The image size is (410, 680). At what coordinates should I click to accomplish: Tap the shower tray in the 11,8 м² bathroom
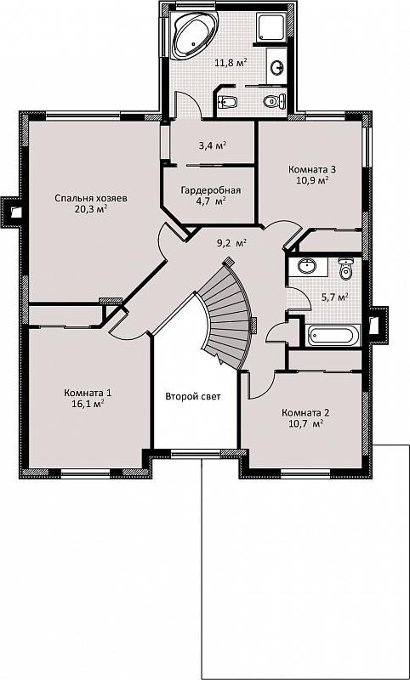click(x=271, y=27)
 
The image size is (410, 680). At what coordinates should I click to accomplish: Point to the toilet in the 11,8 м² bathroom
click(x=275, y=101)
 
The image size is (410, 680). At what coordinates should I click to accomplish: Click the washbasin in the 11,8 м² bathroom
click(x=276, y=67)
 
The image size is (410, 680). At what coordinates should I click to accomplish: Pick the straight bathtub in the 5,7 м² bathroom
click(x=333, y=335)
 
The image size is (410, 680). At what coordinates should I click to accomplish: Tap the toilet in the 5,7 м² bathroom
click(x=346, y=269)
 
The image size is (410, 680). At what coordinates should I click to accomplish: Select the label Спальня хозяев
click(x=91, y=198)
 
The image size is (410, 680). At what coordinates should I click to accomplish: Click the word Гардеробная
click(x=210, y=190)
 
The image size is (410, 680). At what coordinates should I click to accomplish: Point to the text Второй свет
click(x=193, y=396)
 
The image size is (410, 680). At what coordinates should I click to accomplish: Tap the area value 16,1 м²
click(x=88, y=403)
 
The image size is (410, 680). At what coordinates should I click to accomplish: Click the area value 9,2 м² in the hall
click(x=231, y=243)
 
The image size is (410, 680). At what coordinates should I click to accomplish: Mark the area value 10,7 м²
click(x=306, y=423)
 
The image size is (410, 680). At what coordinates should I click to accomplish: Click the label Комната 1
click(x=88, y=394)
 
